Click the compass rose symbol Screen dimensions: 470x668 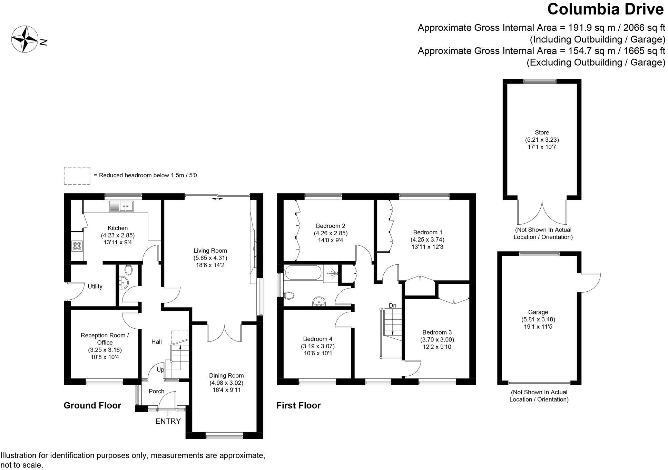click(24, 39)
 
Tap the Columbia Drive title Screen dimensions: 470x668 click(605, 9)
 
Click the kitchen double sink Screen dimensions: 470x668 click(121, 206)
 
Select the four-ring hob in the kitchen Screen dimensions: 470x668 click(77, 246)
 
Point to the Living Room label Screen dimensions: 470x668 click(210, 251)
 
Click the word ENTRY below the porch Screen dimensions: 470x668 click(168, 421)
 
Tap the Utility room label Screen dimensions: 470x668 click(95, 286)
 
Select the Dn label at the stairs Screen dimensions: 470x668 click(393, 305)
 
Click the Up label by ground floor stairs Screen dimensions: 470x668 click(160, 370)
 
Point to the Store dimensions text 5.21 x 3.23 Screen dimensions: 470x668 click(542, 140)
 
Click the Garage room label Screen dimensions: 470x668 click(538, 312)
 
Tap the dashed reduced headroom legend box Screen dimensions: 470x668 click(77, 176)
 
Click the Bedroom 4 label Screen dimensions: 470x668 click(317, 339)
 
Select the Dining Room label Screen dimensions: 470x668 click(226, 375)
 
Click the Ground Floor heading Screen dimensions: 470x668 click(92, 405)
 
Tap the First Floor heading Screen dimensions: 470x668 click(298, 405)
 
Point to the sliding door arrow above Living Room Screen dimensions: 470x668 click(217, 199)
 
